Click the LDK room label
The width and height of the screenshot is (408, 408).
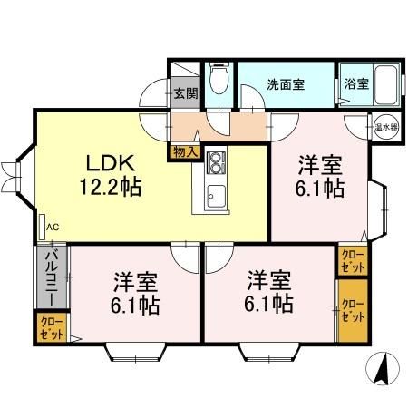112,163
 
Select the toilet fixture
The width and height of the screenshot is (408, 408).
219,83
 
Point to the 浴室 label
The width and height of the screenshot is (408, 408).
356,84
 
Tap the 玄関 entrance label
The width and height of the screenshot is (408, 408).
185,92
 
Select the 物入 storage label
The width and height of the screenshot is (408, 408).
185,151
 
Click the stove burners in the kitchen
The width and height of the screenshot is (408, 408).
217,162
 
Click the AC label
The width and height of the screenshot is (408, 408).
52,227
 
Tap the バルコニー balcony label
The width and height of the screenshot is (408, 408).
52,277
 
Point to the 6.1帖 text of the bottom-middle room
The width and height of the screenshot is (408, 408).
269,303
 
